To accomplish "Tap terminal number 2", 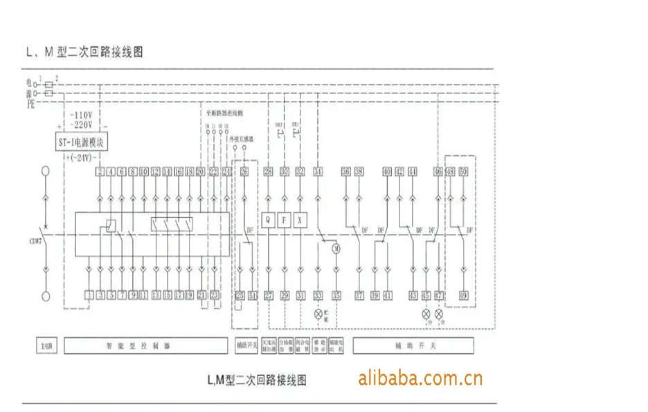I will click(100, 171).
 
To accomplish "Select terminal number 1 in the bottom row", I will click(89, 295).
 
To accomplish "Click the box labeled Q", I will click(269, 220).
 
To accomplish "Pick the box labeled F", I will click(284, 220).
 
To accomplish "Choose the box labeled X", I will click(300, 220).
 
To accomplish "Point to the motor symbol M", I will click(336, 247).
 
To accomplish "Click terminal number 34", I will click(318, 171).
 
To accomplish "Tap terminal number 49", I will click(463, 295).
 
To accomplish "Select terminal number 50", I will click(463, 171).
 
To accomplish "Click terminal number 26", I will click(244, 171).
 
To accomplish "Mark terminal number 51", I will click(253, 295).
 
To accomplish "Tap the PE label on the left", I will click(30, 103).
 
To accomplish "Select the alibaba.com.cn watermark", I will click(420, 378).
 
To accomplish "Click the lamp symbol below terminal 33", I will click(318, 314).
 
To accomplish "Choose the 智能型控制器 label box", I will click(147, 345).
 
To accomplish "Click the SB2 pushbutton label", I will click(279, 124).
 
